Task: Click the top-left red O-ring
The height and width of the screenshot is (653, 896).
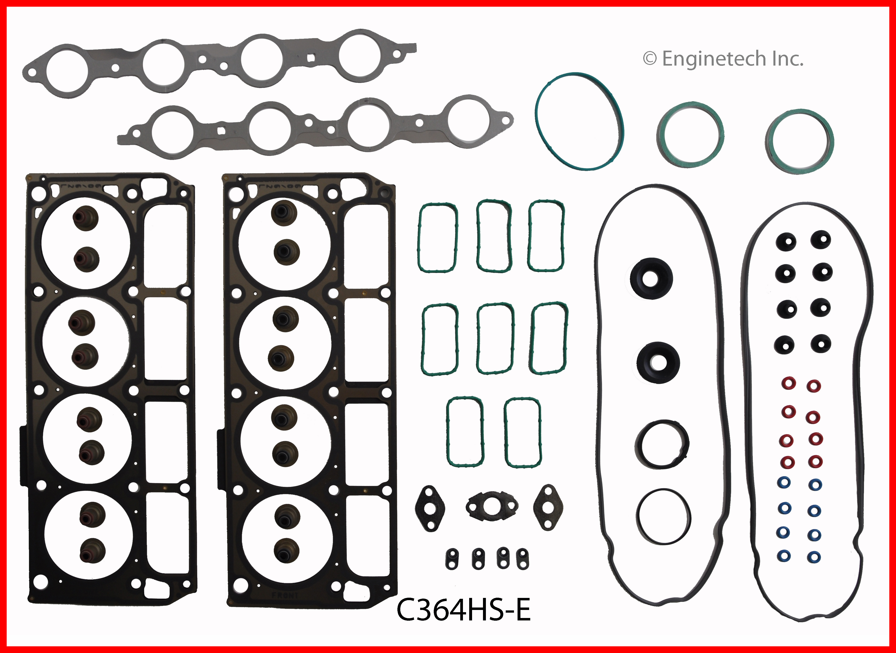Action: click(x=789, y=383)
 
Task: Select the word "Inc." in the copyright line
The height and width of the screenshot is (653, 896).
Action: click(x=788, y=59)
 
